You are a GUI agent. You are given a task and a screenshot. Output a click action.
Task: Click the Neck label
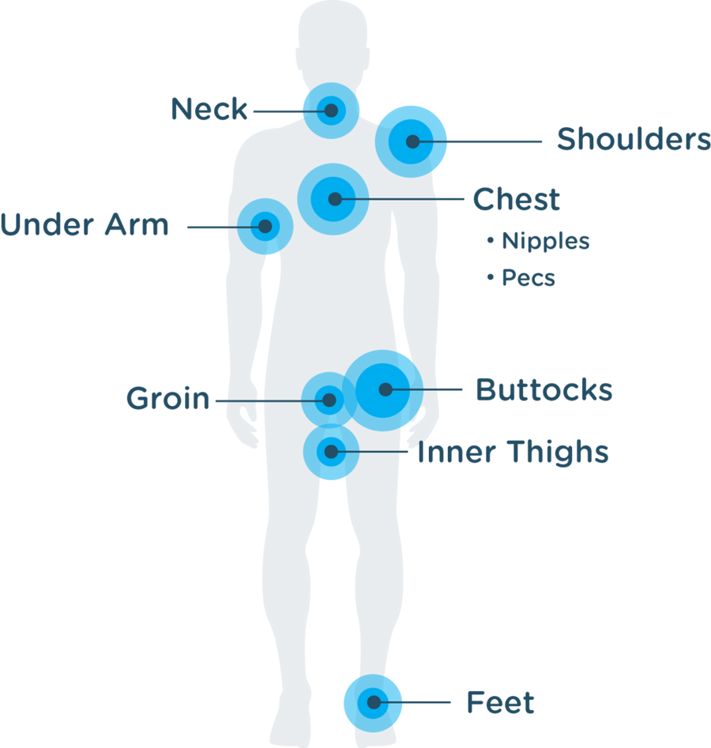pyautogui.click(x=209, y=109)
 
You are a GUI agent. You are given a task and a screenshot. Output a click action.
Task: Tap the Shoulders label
pyautogui.click(x=633, y=140)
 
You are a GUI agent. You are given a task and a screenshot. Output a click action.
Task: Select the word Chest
pyautogui.click(x=516, y=200)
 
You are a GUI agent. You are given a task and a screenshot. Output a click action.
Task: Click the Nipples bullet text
pyautogui.click(x=546, y=240)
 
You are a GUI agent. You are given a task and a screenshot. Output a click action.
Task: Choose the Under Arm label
pyautogui.click(x=85, y=225)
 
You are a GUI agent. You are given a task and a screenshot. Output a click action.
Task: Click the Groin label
pyautogui.click(x=168, y=399)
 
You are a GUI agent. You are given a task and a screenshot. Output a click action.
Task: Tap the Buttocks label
pyautogui.click(x=544, y=390)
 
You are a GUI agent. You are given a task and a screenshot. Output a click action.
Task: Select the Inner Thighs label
pyautogui.click(x=513, y=453)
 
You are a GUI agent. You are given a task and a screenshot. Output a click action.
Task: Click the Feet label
pyautogui.click(x=500, y=702)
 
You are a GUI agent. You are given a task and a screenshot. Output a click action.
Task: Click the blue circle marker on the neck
pyautogui.click(x=332, y=111)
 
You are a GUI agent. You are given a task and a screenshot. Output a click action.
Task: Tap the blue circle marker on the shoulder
pyautogui.click(x=412, y=141)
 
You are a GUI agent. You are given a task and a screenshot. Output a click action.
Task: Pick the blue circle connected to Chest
pyautogui.click(x=333, y=199)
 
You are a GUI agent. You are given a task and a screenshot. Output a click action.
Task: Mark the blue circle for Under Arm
pyautogui.click(x=265, y=226)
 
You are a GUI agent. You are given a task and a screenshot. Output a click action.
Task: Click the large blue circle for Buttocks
pyautogui.click(x=386, y=389)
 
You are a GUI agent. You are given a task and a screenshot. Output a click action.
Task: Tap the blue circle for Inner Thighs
pyautogui.click(x=331, y=453)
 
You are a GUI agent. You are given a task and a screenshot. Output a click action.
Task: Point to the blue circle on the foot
pyautogui.click(x=372, y=702)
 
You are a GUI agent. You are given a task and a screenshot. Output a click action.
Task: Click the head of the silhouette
pyautogui.click(x=332, y=39)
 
